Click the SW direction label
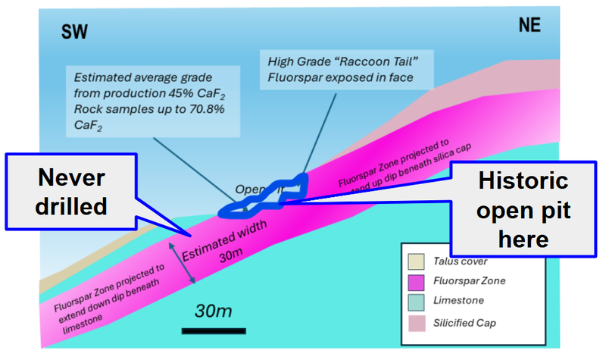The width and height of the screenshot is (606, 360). [x=74, y=32]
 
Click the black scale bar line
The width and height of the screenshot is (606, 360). [x=213, y=330]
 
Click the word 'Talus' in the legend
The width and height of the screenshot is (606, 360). [x=447, y=261]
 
